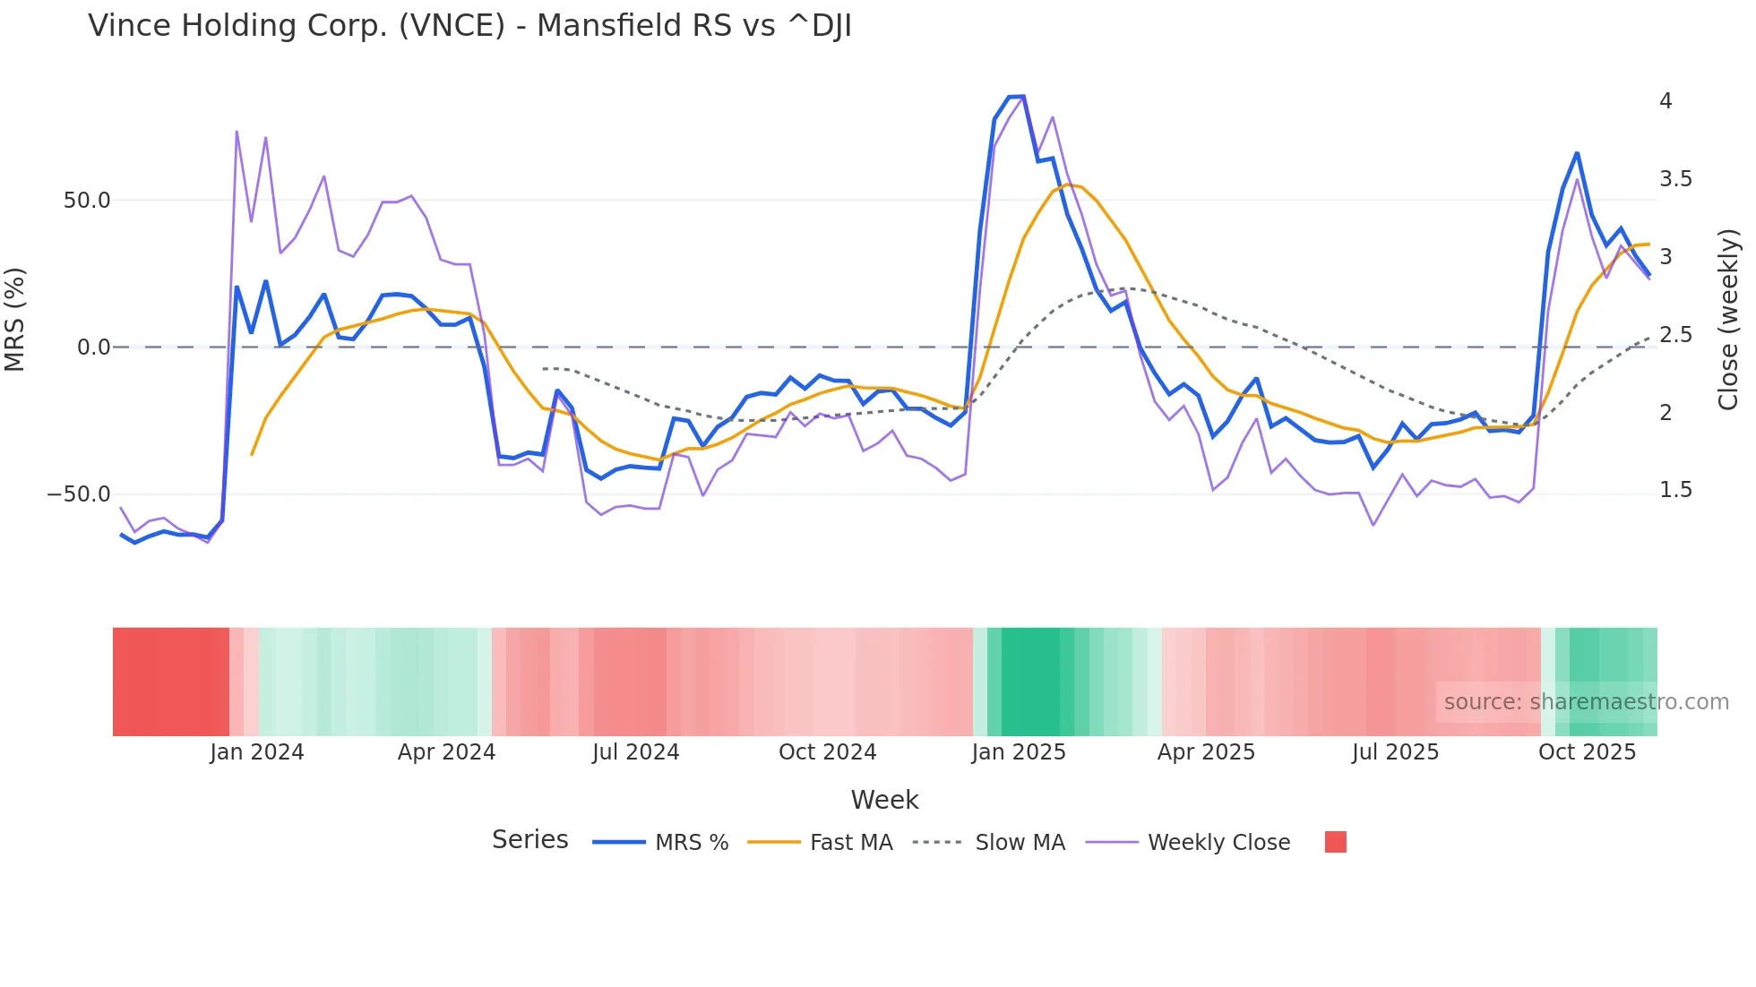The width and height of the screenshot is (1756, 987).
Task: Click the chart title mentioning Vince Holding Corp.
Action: click(469, 26)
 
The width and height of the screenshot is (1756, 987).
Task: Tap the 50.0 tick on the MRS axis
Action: click(87, 201)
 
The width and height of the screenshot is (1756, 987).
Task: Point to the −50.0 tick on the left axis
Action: click(79, 494)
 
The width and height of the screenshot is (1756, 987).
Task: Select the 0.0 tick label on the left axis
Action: click(93, 348)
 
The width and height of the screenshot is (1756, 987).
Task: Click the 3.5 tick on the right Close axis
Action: click(1675, 179)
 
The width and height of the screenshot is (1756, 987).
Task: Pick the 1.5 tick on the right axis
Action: click(1675, 490)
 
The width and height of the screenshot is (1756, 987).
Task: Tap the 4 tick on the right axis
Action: click(1666, 101)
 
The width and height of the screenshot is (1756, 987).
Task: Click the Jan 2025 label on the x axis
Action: click(1019, 752)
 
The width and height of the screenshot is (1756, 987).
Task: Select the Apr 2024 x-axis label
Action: click(446, 752)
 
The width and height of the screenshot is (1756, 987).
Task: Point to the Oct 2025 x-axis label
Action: click(1587, 752)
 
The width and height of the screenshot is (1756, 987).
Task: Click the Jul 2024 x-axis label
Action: click(635, 752)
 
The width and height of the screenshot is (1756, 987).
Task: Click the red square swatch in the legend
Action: click(1335, 842)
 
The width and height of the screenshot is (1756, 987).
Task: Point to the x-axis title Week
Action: click(884, 800)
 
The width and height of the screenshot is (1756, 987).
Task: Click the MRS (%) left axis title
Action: click(15, 320)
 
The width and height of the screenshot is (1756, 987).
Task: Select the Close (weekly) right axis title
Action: click(1728, 320)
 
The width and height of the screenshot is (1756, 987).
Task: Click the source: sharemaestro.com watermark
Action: click(1586, 702)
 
